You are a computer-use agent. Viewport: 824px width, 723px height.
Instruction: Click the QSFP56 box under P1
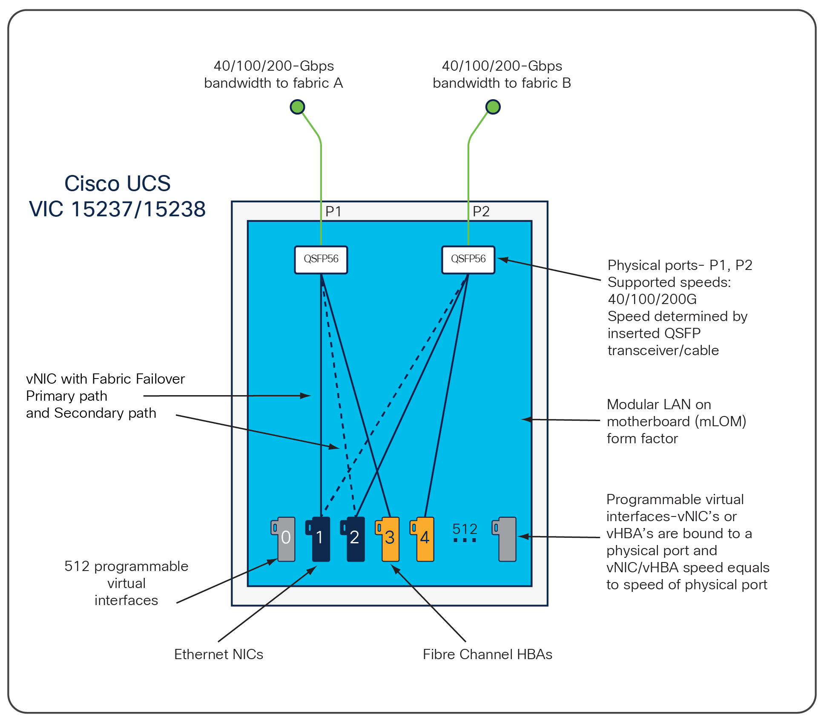point(321,259)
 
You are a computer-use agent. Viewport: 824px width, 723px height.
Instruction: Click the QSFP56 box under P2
point(468,259)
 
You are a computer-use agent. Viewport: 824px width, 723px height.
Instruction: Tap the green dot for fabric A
point(297,106)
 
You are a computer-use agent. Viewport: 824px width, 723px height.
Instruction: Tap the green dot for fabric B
point(493,106)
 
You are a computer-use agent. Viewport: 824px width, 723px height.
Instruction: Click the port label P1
point(333,211)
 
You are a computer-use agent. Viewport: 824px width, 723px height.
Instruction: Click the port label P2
point(481,211)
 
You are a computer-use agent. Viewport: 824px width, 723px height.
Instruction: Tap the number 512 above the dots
point(465,529)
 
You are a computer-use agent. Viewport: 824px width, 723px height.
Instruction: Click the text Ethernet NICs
point(218,654)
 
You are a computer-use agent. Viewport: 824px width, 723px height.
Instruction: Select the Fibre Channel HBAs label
point(487,654)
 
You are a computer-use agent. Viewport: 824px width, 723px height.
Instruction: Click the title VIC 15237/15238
point(117,209)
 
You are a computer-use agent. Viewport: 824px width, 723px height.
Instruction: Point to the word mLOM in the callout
point(720,421)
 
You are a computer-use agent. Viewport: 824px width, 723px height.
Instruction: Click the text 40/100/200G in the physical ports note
point(652,299)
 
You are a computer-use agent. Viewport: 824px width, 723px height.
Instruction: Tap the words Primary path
point(66,396)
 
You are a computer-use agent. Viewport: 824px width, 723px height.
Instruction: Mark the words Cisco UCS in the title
point(117,184)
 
